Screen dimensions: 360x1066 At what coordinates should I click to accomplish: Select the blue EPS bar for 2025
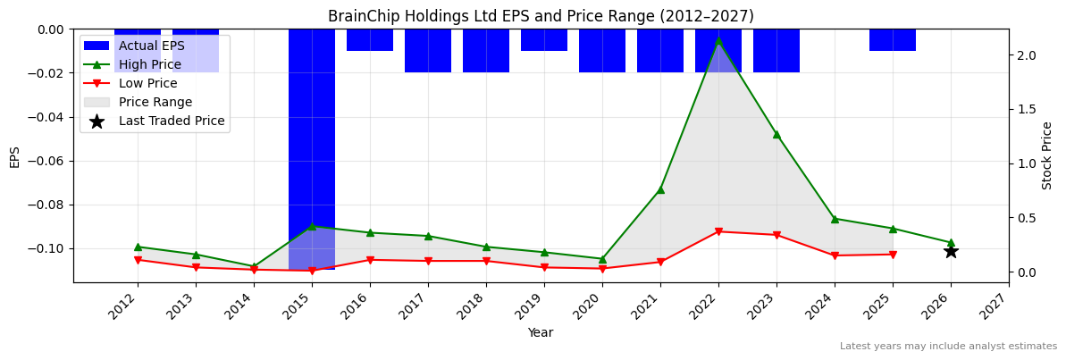tap(893, 40)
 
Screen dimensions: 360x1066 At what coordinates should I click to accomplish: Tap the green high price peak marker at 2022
tap(718, 40)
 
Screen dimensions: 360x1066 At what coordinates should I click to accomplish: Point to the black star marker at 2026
tap(951, 251)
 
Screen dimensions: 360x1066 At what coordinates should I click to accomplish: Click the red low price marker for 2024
tap(835, 255)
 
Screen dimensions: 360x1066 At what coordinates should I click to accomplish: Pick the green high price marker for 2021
tap(660, 189)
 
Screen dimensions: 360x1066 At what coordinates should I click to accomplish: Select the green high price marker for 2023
tap(776, 134)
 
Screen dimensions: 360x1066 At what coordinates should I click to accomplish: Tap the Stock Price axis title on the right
tap(1047, 155)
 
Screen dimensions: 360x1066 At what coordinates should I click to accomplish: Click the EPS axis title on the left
tap(15, 155)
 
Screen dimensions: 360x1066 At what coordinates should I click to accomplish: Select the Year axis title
tap(540, 332)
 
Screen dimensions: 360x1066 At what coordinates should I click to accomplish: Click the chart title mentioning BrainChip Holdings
tap(541, 16)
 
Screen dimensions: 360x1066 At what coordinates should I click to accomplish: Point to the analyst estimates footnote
tap(948, 347)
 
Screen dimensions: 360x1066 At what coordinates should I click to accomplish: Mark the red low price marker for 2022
tap(718, 231)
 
